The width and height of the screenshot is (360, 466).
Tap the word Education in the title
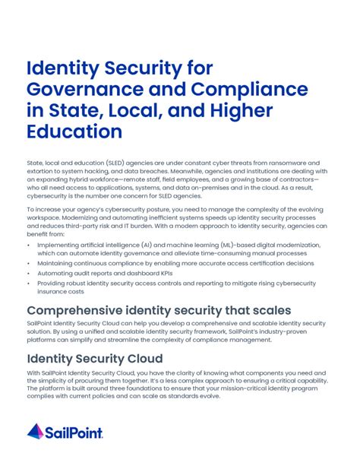pos(74,132)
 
